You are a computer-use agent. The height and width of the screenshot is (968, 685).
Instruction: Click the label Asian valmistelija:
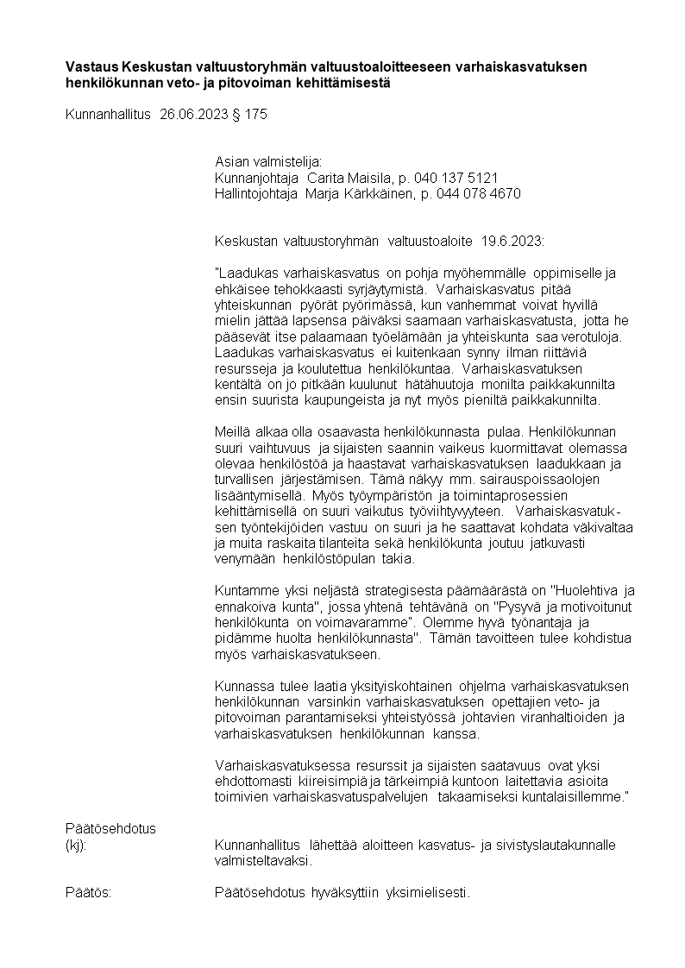point(267,162)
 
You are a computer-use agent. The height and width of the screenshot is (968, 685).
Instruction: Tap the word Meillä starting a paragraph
point(231,431)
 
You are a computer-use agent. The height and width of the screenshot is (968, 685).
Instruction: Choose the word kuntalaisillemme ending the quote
point(572,798)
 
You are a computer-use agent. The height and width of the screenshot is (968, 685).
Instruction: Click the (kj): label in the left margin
point(77,845)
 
